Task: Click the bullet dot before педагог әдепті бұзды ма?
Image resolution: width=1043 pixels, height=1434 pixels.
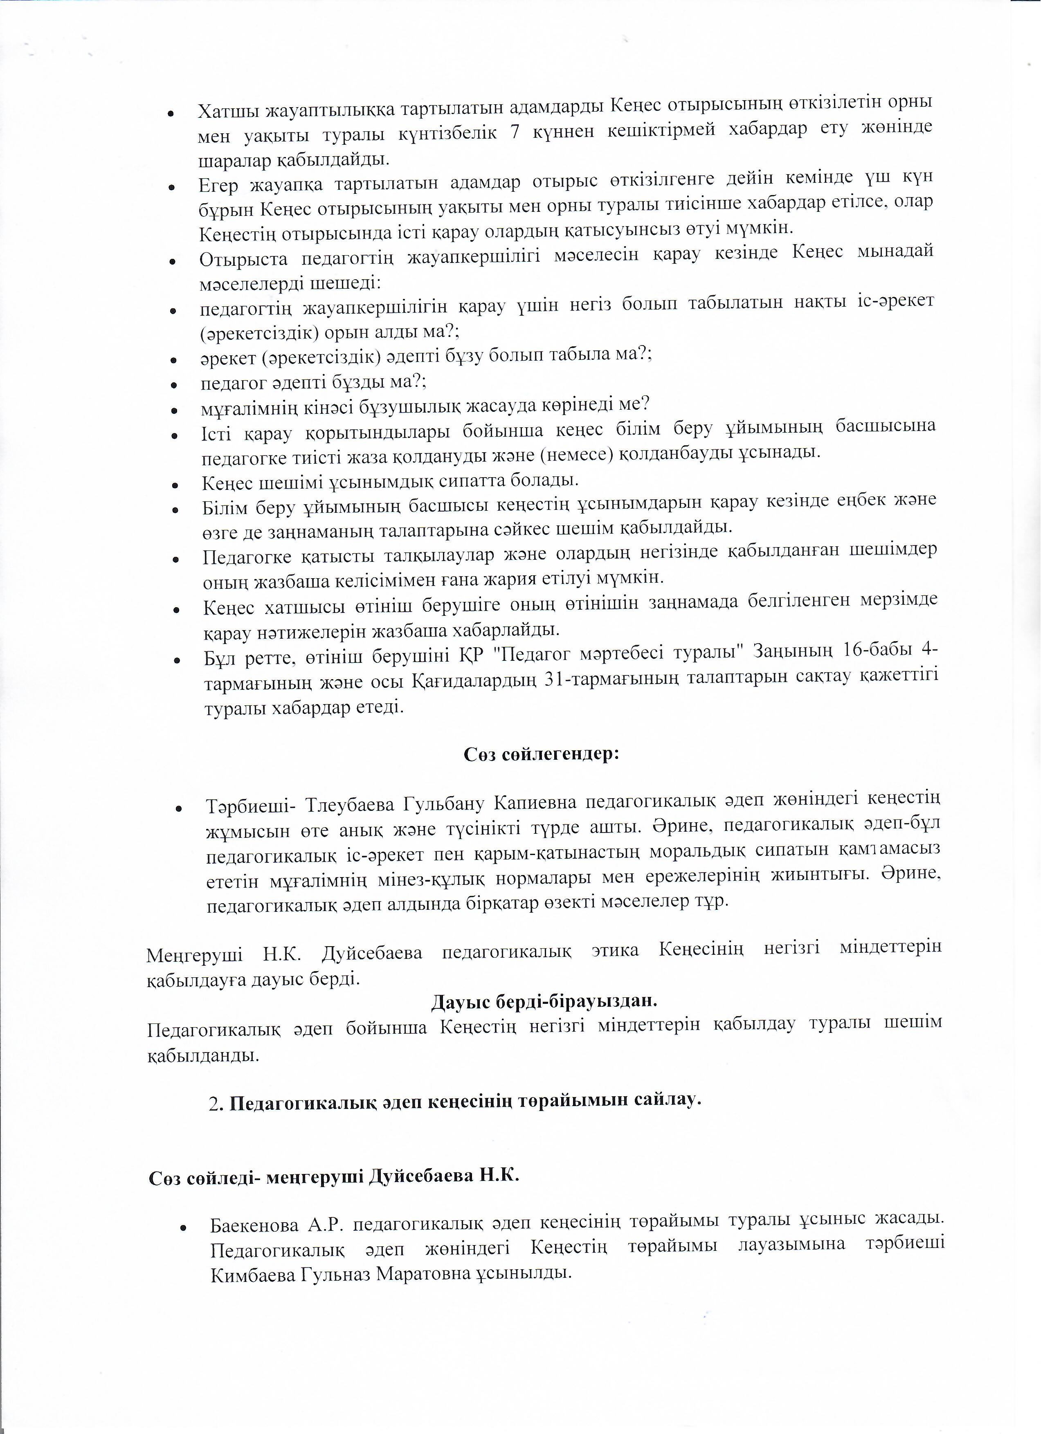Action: click(x=173, y=384)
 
